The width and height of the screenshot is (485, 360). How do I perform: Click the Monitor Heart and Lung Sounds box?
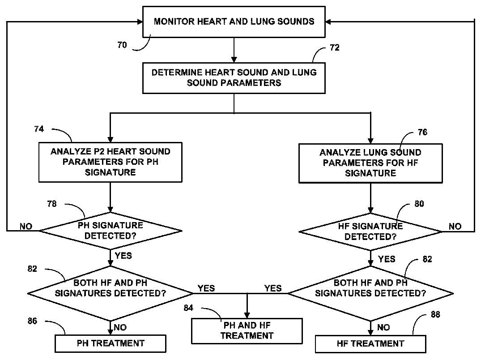(234, 21)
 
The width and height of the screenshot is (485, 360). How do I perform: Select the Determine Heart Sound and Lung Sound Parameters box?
(234, 77)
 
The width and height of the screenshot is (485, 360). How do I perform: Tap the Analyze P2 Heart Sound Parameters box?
(110, 162)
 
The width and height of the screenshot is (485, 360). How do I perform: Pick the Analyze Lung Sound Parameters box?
(370, 163)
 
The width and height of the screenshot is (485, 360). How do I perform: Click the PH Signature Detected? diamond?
(110, 231)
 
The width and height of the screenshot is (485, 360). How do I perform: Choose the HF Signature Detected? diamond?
(370, 231)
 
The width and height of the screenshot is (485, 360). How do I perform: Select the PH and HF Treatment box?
(246, 330)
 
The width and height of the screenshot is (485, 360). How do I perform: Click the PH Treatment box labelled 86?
(111, 343)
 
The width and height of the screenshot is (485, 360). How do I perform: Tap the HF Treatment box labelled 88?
(370, 344)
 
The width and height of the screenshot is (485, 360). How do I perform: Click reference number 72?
(334, 47)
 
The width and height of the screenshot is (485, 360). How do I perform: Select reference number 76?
(422, 132)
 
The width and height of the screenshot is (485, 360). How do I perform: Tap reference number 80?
(419, 204)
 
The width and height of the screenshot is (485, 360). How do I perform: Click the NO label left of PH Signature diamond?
(26, 227)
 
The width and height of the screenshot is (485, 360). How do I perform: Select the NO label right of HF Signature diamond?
(455, 227)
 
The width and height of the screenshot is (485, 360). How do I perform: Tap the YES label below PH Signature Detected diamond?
(123, 255)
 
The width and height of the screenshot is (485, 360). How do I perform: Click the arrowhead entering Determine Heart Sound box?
(234, 59)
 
